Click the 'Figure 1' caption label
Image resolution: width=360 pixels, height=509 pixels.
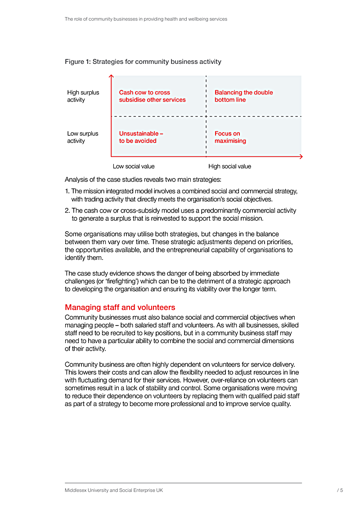pos(77,62)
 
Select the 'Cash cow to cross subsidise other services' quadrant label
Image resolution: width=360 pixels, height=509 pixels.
pos(152,96)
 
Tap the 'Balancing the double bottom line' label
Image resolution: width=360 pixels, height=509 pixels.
pos(243,96)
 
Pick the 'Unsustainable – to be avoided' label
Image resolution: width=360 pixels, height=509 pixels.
pos(141,137)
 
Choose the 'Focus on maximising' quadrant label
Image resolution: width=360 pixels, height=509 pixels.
pos(230,137)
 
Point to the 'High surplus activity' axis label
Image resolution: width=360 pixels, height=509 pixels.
pos(83,96)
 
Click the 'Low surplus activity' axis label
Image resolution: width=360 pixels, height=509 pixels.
pos(83,137)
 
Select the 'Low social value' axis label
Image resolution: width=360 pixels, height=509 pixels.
pos(134,166)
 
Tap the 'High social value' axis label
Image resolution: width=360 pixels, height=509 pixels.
pos(229,166)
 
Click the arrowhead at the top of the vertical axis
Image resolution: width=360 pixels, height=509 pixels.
pos(111,76)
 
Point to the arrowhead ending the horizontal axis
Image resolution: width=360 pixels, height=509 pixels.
pos(301,156)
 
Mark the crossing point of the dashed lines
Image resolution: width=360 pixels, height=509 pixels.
pos(206,116)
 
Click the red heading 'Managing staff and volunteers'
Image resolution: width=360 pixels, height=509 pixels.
pos(120,308)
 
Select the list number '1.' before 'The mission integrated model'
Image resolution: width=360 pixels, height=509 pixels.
pos(67,191)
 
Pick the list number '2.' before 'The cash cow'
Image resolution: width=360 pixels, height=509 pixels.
pos(67,210)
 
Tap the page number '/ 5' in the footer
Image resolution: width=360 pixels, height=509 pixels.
pos(340,491)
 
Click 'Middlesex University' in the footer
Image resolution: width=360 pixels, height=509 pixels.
pos(86,491)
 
